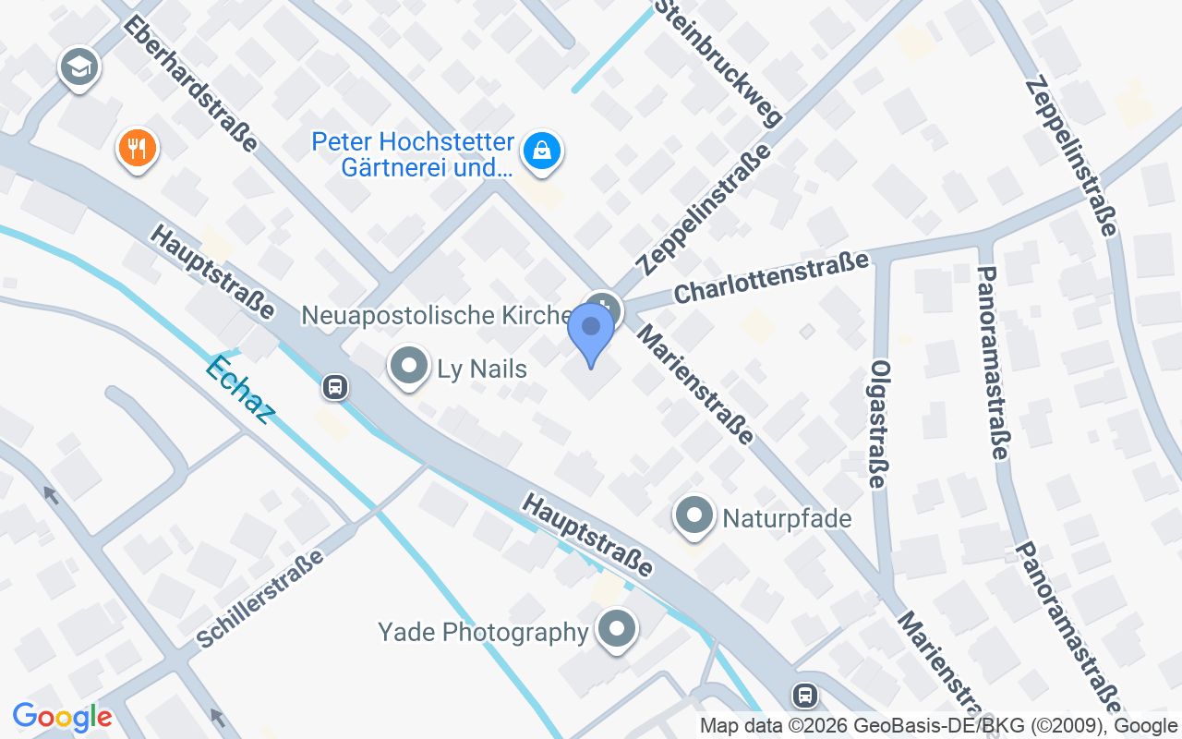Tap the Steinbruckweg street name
tap(718, 62)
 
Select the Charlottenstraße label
tap(771, 277)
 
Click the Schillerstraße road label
tap(260, 599)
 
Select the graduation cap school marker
tap(79, 67)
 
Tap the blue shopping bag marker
tap(541, 151)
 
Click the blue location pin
tap(591, 333)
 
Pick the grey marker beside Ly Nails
tap(408, 366)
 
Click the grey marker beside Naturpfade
tap(694, 516)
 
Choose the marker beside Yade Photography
tap(618, 630)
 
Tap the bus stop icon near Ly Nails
tap(335, 387)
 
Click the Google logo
tap(63, 717)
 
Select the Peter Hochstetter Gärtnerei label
tap(413, 155)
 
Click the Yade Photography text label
tap(483, 632)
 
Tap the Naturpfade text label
tap(787, 518)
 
